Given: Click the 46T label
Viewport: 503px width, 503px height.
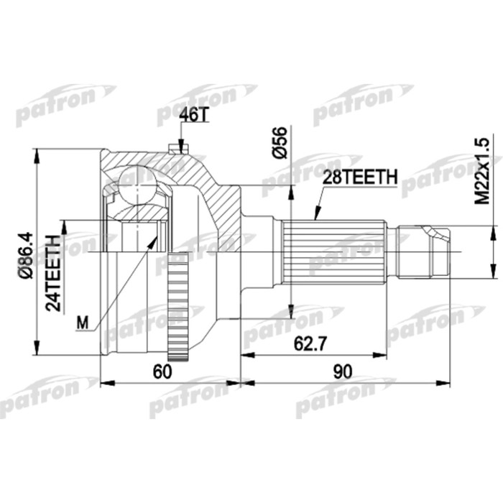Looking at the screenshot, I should tap(192, 114).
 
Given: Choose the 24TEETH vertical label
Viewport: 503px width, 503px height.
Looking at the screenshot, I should tap(52, 272).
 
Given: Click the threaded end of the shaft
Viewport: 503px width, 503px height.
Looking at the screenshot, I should tap(425, 251).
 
